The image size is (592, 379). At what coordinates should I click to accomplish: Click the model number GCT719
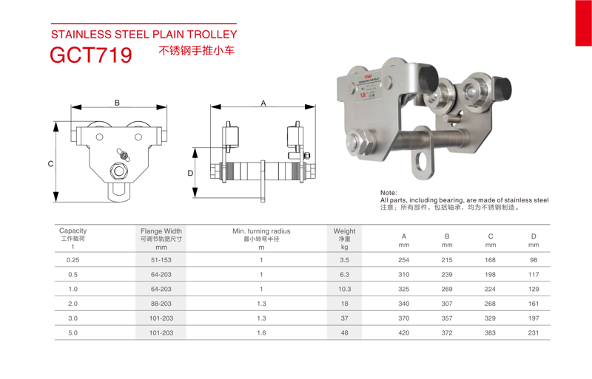click(91, 55)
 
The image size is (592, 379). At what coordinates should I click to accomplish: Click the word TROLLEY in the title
click(212, 34)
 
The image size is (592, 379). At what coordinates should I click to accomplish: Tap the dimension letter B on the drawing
click(117, 103)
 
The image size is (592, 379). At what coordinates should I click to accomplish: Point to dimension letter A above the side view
click(263, 103)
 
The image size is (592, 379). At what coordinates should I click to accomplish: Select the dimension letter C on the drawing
click(50, 164)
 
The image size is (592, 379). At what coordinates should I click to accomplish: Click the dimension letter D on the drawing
click(190, 173)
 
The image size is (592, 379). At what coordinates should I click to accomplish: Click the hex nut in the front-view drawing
click(119, 171)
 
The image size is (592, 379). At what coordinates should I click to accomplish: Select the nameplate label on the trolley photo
click(370, 86)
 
